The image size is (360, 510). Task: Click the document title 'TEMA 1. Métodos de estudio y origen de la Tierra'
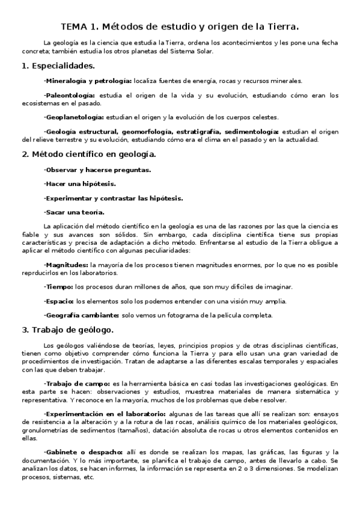(180, 27)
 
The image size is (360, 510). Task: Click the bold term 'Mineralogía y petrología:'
(88, 80)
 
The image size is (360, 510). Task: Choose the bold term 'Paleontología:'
(70, 95)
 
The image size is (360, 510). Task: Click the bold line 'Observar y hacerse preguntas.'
(97, 170)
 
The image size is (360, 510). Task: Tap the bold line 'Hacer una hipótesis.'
(80, 183)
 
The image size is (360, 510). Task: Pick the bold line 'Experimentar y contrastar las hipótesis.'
(114, 198)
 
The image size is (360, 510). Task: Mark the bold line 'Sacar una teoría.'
(75, 212)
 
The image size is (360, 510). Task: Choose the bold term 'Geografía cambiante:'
(81, 315)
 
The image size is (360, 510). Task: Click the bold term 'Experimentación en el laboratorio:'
(105, 414)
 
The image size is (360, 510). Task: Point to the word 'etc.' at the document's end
(88, 478)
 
